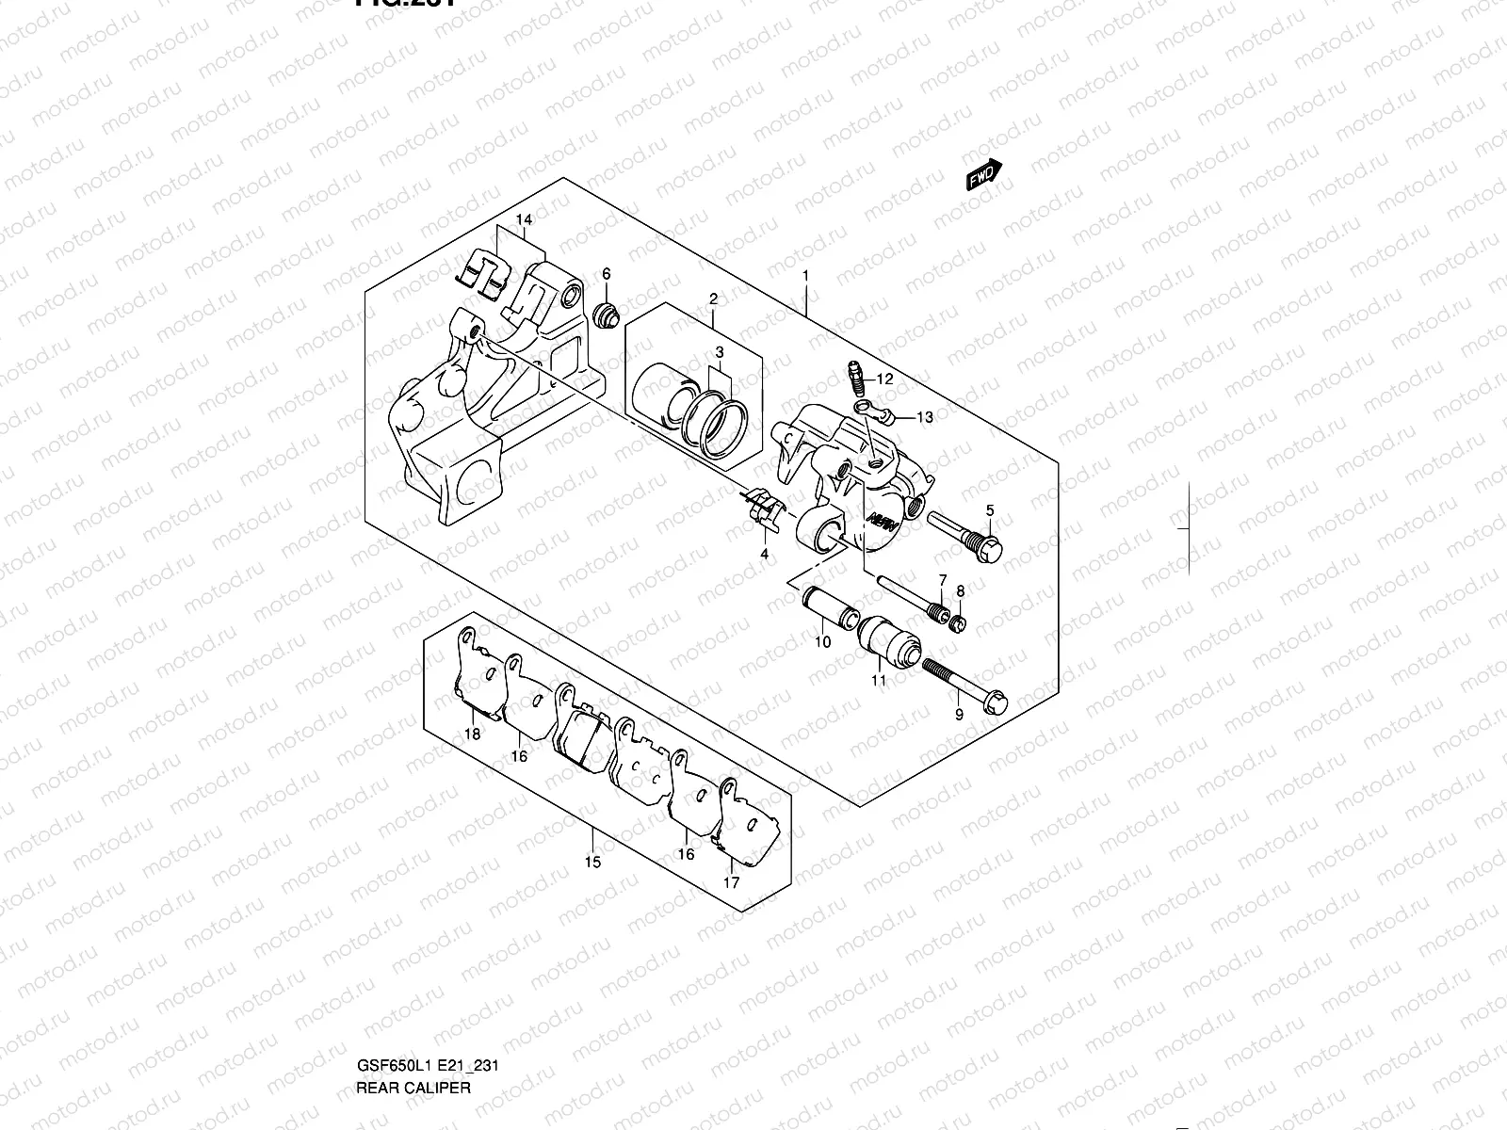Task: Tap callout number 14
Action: pyautogui.click(x=524, y=220)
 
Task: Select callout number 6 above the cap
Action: pyautogui.click(x=607, y=274)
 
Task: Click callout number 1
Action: pyautogui.click(x=806, y=277)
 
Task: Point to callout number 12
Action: pyautogui.click(x=884, y=379)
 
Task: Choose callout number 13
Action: pyautogui.click(x=924, y=417)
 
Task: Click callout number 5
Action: pyautogui.click(x=990, y=511)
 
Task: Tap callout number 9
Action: pyautogui.click(x=959, y=716)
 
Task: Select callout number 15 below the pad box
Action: pyautogui.click(x=591, y=862)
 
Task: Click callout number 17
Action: pyautogui.click(x=731, y=882)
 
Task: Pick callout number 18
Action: pyautogui.click(x=473, y=734)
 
